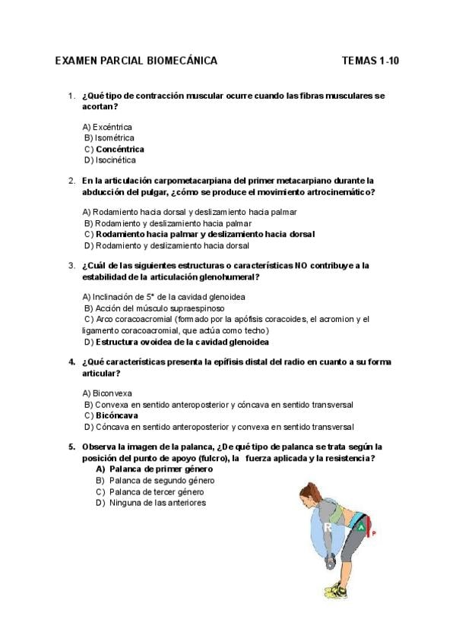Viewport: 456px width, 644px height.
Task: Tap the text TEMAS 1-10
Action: tap(370, 61)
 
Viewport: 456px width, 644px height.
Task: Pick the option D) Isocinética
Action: tap(110, 160)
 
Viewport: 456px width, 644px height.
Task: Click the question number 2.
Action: tap(71, 181)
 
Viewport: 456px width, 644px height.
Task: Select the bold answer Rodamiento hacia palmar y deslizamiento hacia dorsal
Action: tap(205, 235)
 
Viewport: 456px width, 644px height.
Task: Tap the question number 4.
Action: tap(71, 362)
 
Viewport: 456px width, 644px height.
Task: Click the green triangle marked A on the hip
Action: tap(363, 527)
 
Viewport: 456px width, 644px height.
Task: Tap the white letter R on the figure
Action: tap(328, 526)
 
